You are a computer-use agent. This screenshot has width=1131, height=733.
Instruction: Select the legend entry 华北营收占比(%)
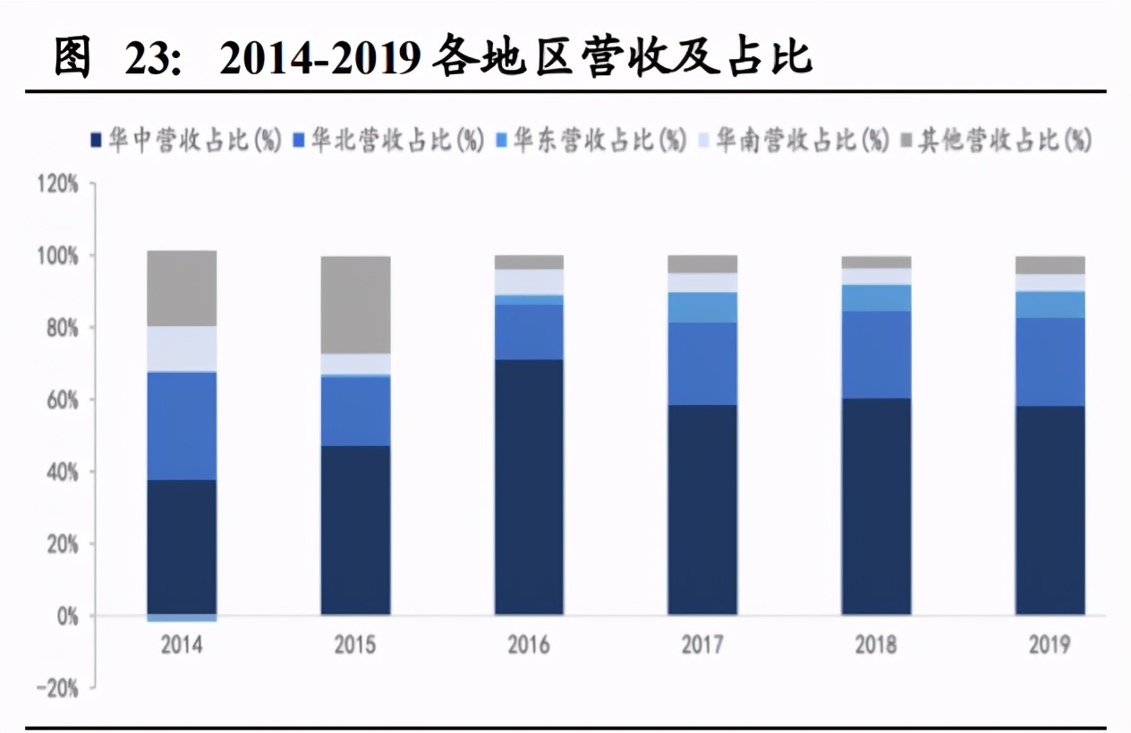389,141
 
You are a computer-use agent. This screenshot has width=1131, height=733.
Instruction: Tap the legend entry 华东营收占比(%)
591,141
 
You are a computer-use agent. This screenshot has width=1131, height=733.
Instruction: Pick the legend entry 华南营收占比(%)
795,141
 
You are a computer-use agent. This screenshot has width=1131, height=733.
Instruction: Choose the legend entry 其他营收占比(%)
997,141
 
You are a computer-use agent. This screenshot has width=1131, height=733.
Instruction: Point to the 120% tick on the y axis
58,185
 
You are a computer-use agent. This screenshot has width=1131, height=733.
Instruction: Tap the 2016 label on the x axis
529,645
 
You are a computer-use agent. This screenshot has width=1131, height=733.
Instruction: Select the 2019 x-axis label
1050,645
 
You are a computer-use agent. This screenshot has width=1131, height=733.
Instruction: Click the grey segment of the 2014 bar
182,288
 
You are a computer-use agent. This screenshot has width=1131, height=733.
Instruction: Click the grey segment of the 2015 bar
355,305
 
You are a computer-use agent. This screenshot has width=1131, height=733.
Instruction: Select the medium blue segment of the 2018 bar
876,355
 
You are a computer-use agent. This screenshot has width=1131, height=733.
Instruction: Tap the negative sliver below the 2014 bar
182,619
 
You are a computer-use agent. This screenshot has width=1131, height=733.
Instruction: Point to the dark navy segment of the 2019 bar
1050,510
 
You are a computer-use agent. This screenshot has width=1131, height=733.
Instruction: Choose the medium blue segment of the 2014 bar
182,425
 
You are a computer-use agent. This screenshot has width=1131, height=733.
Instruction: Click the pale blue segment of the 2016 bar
529,282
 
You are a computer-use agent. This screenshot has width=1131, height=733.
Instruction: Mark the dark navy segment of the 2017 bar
702,510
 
